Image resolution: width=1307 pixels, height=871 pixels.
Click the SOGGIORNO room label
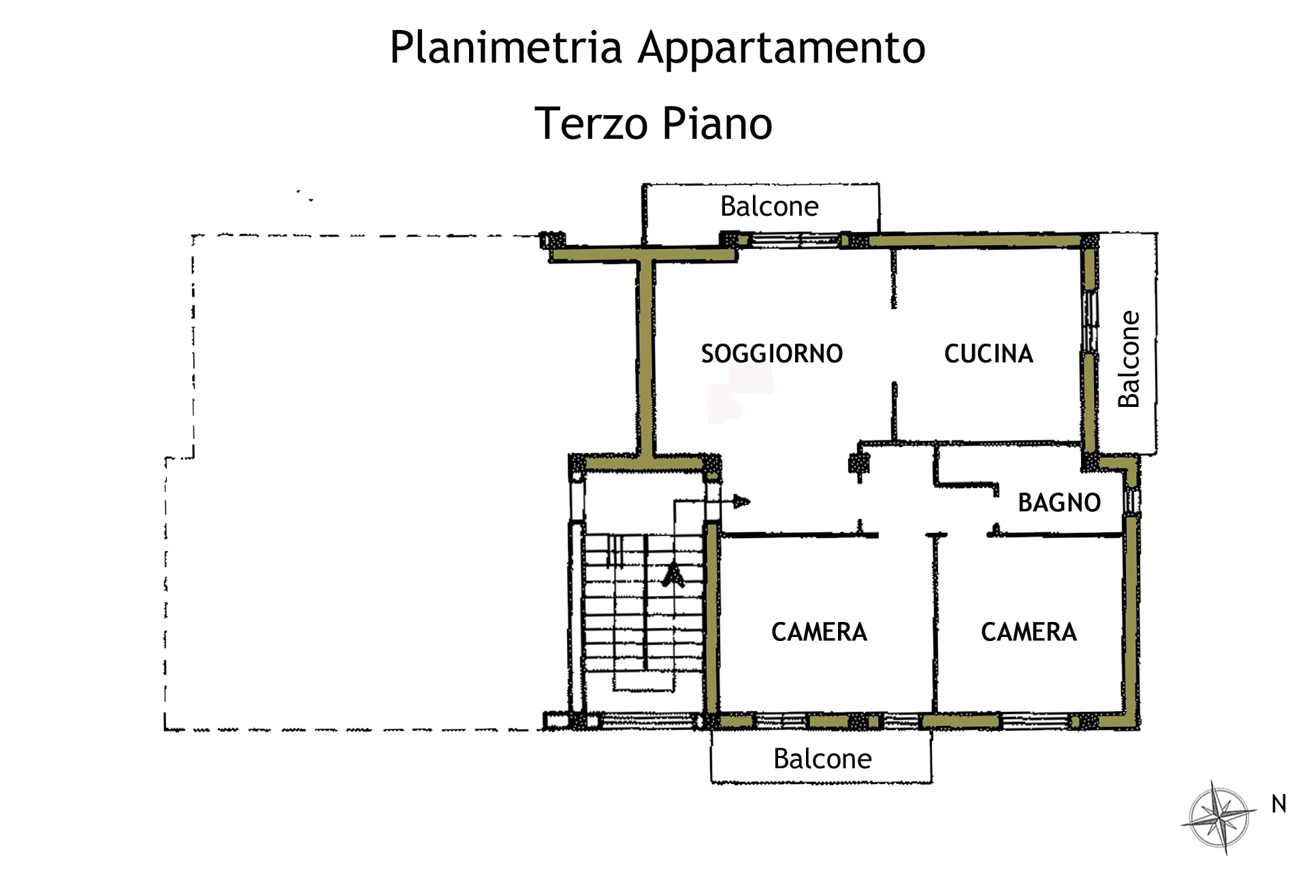pos(772,354)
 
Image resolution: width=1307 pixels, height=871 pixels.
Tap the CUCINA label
pos(988,354)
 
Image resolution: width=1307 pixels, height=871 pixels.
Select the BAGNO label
pos(1059,503)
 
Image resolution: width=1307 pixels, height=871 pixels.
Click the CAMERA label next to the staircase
pos(819,632)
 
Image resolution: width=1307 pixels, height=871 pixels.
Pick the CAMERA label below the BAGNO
pos(1029,632)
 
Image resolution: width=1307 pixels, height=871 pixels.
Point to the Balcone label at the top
pos(769,206)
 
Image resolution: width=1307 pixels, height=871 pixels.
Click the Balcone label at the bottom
pos(822,759)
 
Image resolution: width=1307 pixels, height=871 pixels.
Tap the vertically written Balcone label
pos(1129,359)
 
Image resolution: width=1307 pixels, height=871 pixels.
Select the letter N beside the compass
pos(1279,804)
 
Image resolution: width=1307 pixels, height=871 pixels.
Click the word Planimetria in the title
pos(506,48)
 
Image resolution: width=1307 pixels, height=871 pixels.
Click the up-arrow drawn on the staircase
pos(674,574)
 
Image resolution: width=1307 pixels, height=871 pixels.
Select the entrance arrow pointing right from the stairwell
pos(712,502)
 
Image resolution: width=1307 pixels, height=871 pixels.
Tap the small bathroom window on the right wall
pos(1131,502)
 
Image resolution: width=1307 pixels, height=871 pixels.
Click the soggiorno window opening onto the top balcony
pos(795,240)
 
